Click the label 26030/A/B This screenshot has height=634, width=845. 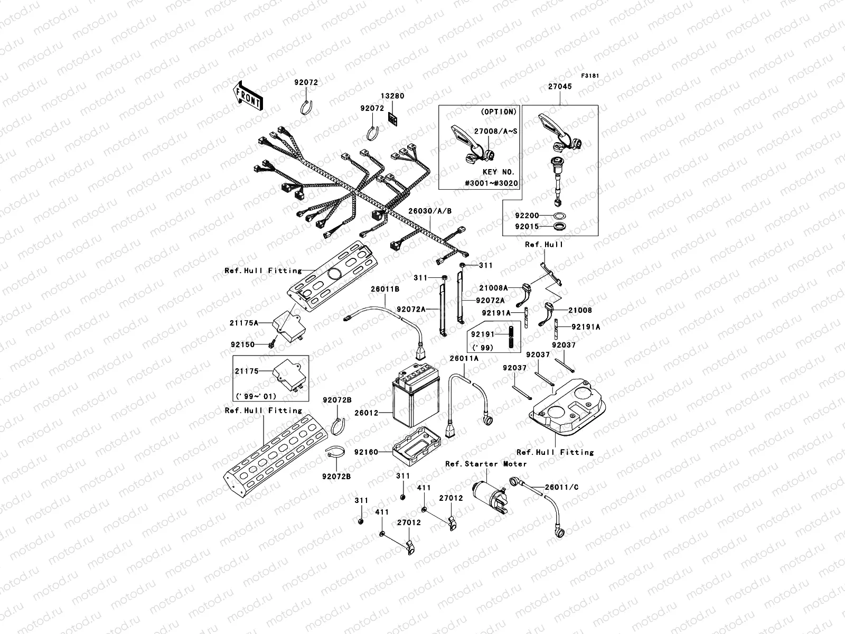[430, 211]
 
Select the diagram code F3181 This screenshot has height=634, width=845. [591, 76]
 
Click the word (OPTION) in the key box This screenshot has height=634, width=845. [499, 112]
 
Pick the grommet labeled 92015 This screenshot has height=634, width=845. [559, 227]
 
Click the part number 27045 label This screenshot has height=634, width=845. [559, 87]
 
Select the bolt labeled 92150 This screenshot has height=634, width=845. [271, 344]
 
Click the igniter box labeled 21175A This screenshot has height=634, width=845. [288, 330]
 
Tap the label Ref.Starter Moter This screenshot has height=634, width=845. [486, 464]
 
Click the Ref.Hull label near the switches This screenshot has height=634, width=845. [544, 245]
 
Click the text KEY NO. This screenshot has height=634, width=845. [499, 172]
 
